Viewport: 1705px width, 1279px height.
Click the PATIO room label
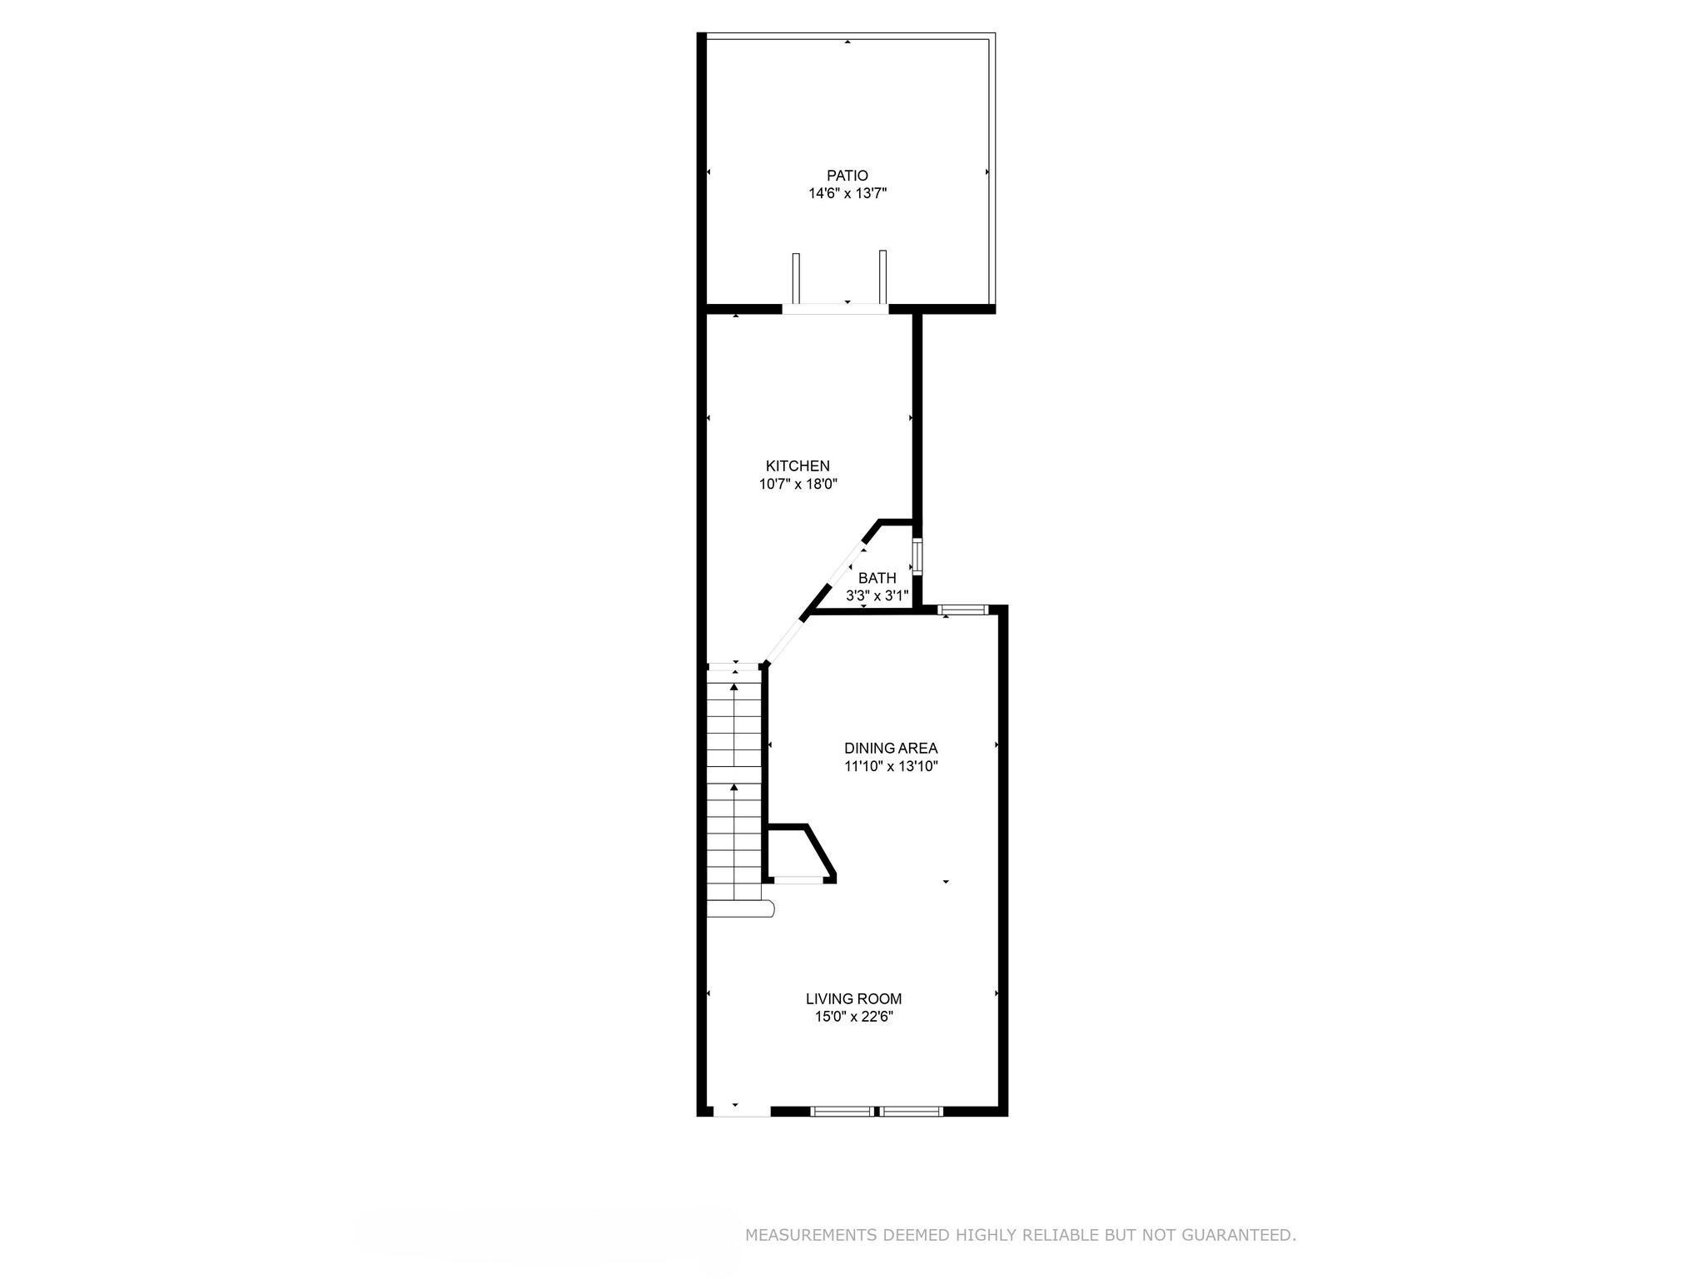[x=847, y=176]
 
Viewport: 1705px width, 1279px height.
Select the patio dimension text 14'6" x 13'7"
[x=847, y=194]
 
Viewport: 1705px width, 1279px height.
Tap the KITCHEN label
[x=798, y=466]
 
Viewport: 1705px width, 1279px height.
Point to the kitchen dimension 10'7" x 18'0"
[x=798, y=485]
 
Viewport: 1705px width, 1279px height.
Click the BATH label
[x=877, y=578]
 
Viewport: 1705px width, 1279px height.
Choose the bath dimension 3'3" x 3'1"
[x=877, y=596]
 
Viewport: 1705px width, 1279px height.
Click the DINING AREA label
[x=891, y=749]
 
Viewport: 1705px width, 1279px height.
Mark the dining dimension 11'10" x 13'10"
[x=891, y=767]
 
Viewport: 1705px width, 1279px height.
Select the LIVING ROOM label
[x=853, y=998]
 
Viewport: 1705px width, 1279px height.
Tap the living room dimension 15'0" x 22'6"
[x=853, y=1017]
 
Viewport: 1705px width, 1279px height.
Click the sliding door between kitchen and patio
[x=835, y=309]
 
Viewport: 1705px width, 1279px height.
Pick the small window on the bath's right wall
[x=917, y=557]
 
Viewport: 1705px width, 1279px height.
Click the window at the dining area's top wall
[x=962, y=610]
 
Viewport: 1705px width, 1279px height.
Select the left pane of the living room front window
[x=842, y=1111]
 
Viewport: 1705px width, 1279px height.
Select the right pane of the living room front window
[x=912, y=1111]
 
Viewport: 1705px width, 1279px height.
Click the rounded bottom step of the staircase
[x=741, y=908]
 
